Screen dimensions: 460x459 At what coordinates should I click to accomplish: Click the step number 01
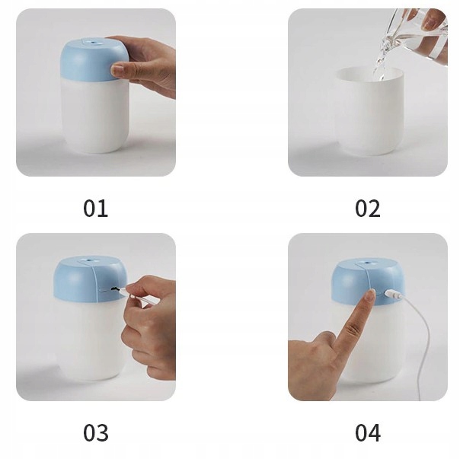95,209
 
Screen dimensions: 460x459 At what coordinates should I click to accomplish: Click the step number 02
368,209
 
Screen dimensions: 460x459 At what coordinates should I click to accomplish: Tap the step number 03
96,432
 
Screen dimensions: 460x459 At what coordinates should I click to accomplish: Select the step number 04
368,432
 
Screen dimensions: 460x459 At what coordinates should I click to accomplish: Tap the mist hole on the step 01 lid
94,43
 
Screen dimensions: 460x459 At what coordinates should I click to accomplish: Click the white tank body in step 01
95,116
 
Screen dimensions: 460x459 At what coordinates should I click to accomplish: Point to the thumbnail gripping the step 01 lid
117,69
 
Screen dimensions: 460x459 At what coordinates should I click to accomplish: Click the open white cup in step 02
369,111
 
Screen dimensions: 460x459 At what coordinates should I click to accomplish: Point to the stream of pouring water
382,59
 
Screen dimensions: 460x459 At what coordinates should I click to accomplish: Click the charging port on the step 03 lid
113,290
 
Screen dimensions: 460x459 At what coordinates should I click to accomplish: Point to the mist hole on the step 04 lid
367,262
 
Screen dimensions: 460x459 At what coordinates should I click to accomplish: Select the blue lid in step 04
368,282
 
